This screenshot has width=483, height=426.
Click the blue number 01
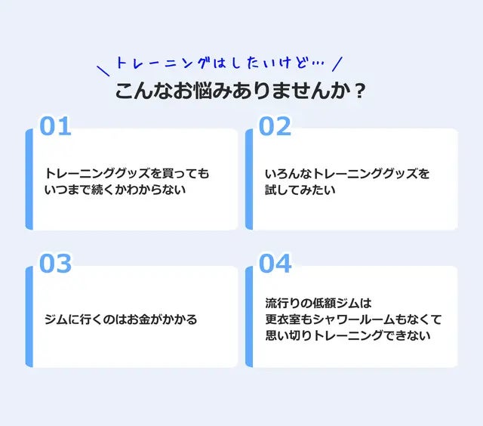pyautogui.click(x=55, y=126)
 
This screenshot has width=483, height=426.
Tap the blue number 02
pyautogui.click(x=275, y=126)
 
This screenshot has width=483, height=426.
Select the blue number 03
pyautogui.click(x=55, y=264)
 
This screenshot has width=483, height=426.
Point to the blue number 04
pyautogui.click(x=275, y=264)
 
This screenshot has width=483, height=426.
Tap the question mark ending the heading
pyautogui.click(x=360, y=91)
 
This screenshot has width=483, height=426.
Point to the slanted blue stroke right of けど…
pyautogui.click(x=337, y=63)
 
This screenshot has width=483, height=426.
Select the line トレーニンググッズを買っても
pyautogui.click(x=127, y=174)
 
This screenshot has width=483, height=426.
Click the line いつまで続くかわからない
pyautogui.click(x=115, y=190)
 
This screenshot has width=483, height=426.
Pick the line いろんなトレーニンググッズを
pyautogui.click(x=347, y=174)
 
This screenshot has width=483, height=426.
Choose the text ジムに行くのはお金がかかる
pyautogui.click(x=121, y=319)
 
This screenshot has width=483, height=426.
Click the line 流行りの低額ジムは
pyautogui.click(x=319, y=303)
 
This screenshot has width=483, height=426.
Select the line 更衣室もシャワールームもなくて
pyautogui.click(x=353, y=319)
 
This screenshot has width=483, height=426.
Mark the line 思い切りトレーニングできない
pyautogui.click(x=348, y=335)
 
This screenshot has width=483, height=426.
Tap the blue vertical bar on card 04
pyautogui.click(x=249, y=316)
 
